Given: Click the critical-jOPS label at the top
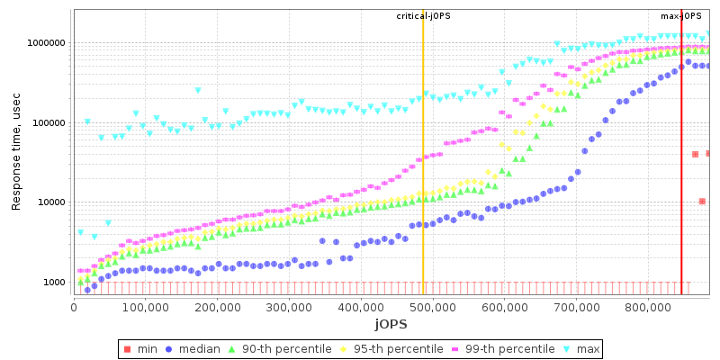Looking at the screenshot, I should click(x=423, y=16).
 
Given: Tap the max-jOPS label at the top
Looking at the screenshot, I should click(x=681, y=16).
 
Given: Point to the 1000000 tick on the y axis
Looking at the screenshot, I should click(x=43, y=43).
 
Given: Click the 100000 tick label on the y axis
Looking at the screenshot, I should click(x=46, y=123).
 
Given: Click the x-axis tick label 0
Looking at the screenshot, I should click(x=74, y=306).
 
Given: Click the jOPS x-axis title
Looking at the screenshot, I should click(x=391, y=323).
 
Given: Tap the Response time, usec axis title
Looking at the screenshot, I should click(x=16, y=154).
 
